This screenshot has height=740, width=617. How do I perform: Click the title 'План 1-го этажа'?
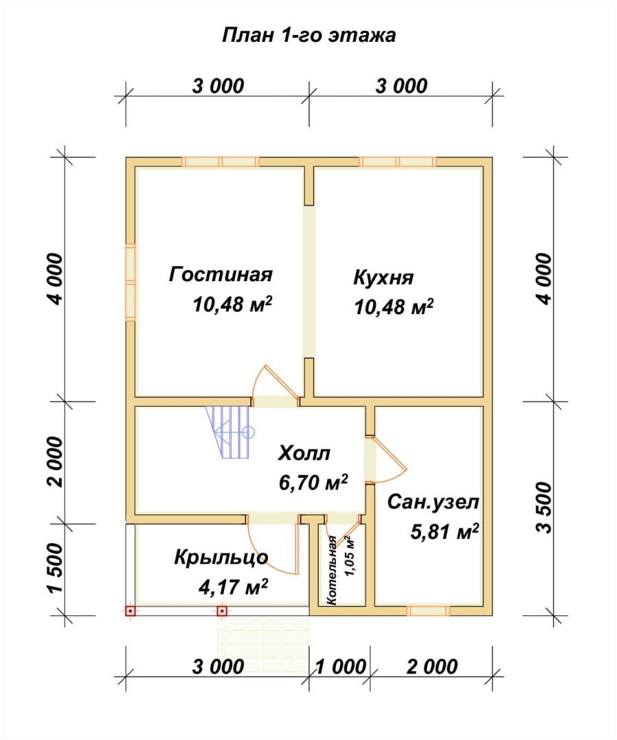[x=308, y=36]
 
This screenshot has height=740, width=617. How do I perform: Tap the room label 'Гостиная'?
[x=221, y=274]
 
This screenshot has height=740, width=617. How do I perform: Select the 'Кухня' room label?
[x=383, y=278]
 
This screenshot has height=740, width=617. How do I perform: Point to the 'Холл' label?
[x=304, y=453]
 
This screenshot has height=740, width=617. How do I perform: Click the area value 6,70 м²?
[x=313, y=482]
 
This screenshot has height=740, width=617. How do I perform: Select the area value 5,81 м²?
[x=444, y=532]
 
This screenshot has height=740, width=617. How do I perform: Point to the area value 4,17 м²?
[x=234, y=587]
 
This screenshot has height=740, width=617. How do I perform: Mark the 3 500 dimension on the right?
[x=544, y=508]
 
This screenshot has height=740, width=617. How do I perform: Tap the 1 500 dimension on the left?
[x=55, y=568]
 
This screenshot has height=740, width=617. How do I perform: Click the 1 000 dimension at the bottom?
[x=340, y=667]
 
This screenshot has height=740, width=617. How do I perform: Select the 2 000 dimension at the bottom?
[x=432, y=667]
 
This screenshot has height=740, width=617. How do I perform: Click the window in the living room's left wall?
[x=131, y=283]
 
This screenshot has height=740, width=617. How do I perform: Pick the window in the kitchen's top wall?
[x=398, y=162]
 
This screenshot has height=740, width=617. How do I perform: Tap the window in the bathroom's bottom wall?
[x=428, y=611]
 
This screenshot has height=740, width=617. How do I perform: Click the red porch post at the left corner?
[x=130, y=611]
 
